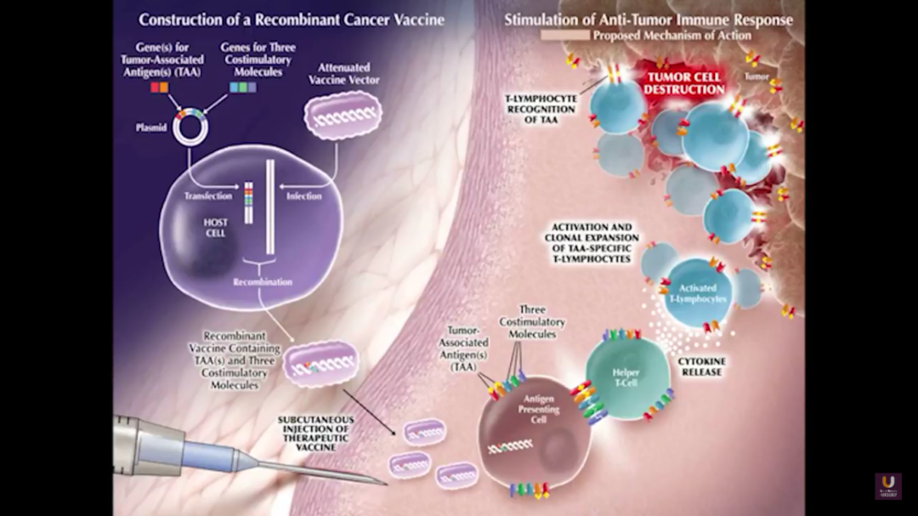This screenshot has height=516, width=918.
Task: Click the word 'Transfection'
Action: click(207, 196)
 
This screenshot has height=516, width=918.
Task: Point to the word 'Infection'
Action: click(303, 196)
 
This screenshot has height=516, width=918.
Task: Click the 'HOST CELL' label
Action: click(215, 227)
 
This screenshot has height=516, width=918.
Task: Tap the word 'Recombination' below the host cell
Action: click(263, 281)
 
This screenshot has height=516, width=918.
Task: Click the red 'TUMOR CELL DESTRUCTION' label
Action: click(683, 82)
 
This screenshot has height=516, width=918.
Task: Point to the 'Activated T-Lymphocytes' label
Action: click(697, 294)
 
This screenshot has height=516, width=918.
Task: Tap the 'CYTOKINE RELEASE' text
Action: click(701, 366)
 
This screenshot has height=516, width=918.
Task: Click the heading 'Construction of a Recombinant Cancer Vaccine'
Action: click(291, 19)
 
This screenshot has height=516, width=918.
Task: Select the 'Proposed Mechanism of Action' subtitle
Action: click(671, 36)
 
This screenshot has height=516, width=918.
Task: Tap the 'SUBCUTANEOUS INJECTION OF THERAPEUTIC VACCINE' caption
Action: click(314, 434)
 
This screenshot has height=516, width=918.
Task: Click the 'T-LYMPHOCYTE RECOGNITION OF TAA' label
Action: click(541, 109)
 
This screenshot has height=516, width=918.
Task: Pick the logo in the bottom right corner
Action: click(887, 485)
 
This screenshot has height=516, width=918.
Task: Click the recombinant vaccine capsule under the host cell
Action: click(320, 364)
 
